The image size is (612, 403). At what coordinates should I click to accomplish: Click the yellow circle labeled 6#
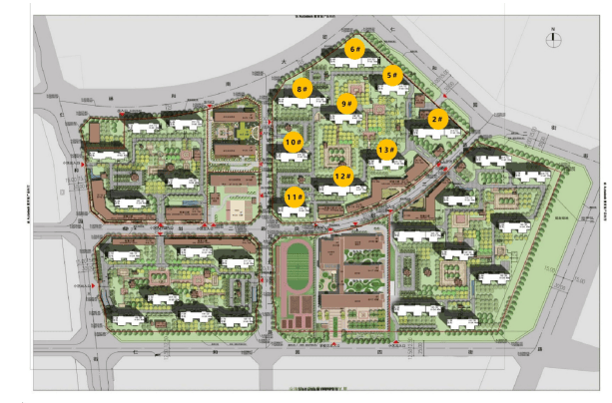pos(354,48)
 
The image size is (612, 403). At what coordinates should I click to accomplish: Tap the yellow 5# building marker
pos(392,75)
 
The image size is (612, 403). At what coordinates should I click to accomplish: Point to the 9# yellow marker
pos(347,103)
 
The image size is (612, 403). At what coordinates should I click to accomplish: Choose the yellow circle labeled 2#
pos(436,119)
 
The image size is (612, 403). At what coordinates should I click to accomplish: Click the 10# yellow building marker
pos(294,143)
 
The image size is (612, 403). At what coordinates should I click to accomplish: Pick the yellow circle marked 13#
pos(386,151)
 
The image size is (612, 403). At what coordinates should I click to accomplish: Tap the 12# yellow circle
pos(342,177)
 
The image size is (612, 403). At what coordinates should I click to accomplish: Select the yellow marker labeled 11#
pos(295,198)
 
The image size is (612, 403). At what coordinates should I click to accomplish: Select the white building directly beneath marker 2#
pos(427,133)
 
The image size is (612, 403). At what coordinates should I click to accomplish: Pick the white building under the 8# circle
pos(301,104)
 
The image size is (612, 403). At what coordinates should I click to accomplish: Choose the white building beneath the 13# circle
pos(383,165)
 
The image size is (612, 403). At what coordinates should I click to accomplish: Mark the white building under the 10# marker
pos(291,158)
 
